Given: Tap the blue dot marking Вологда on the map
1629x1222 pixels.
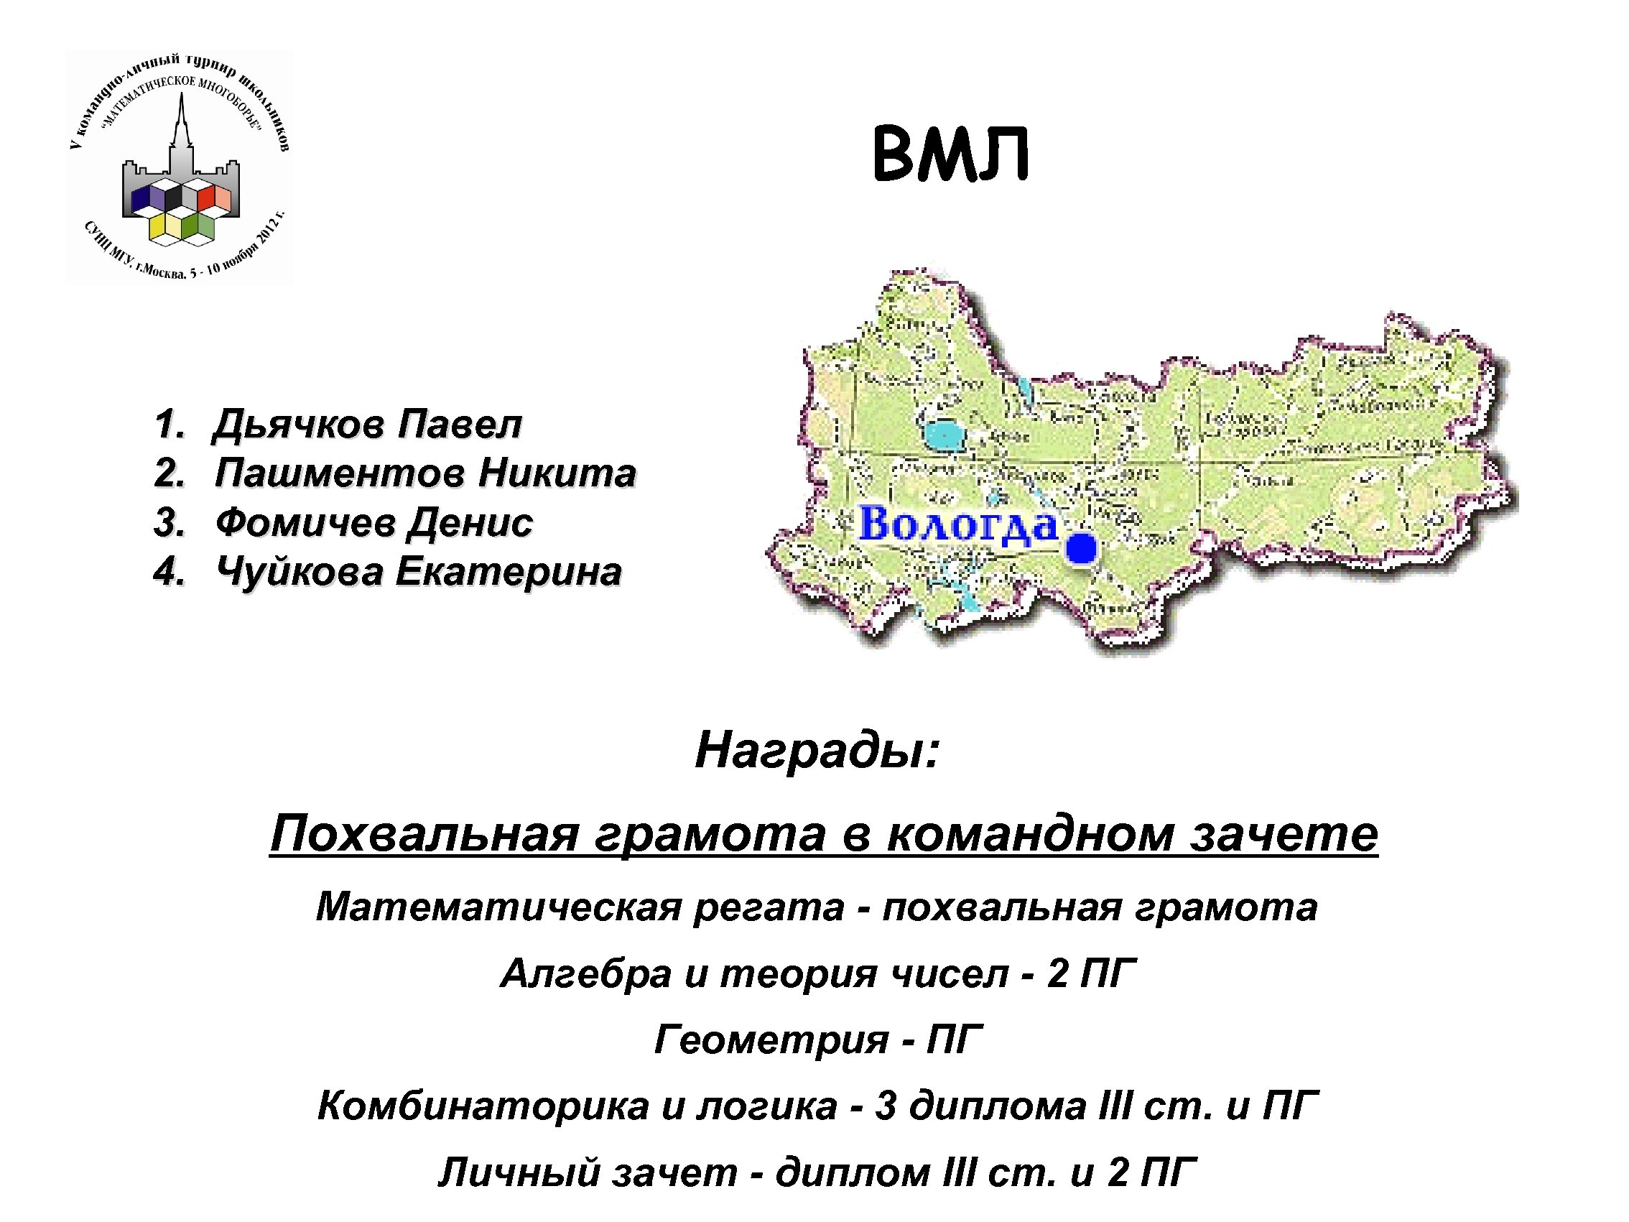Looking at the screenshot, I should [x=1080, y=550].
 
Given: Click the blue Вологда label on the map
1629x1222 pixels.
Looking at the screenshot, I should [x=958, y=525].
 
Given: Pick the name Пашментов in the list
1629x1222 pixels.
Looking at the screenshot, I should [x=340, y=473].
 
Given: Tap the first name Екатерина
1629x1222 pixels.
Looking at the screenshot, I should [x=509, y=573].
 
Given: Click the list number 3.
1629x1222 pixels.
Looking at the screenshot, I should [x=169, y=523].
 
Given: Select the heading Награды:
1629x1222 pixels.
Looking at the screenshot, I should [x=817, y=751].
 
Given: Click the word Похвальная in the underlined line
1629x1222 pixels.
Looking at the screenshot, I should [x=424, y=835].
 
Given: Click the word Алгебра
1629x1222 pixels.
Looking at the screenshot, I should [x=586, y=973].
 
